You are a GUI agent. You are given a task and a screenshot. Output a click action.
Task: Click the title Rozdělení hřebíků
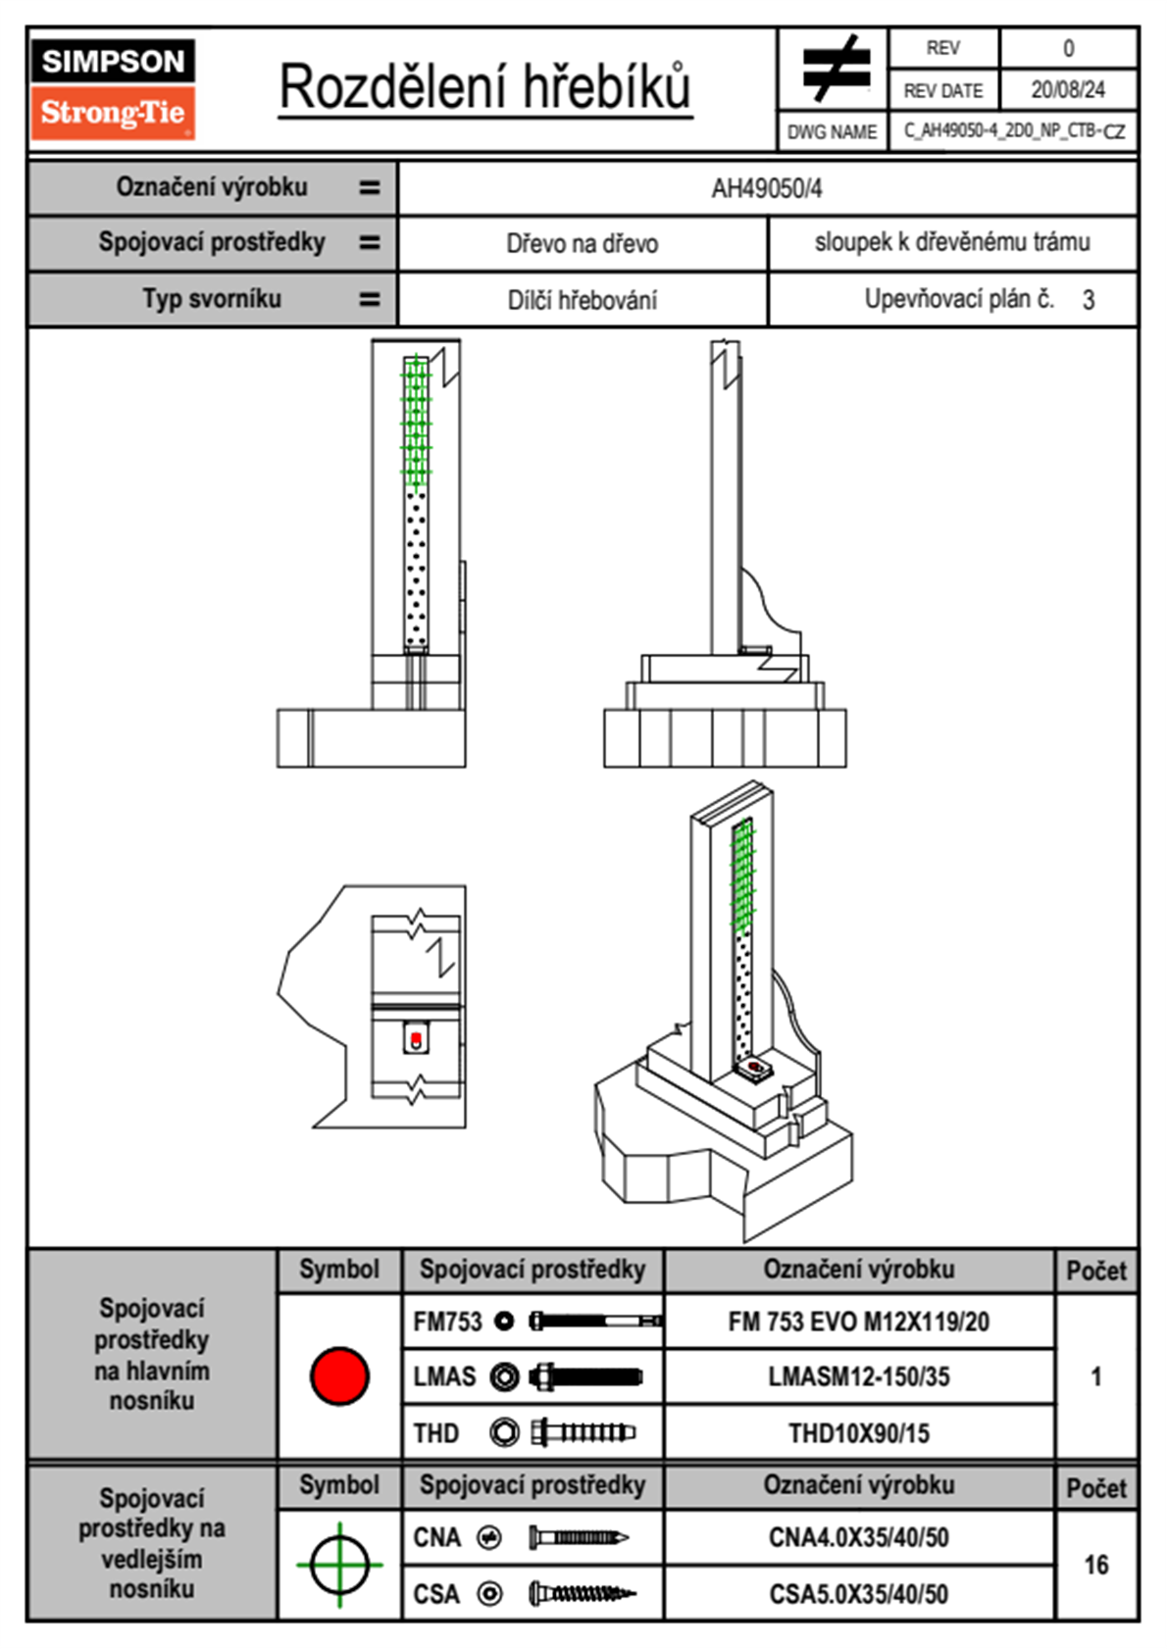(485, 87)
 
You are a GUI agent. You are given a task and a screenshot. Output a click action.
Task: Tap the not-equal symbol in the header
(835, 69)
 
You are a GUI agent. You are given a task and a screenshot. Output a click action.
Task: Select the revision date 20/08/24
(1067, 90)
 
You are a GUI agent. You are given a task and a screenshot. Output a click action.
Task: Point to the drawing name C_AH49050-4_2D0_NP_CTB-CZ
(1013, 130)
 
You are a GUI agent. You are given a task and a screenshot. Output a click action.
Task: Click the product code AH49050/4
(767, 188)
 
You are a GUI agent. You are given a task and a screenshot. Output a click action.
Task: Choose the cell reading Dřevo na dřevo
(582, 243)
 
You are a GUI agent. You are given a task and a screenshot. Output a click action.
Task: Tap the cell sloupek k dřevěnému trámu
(951, 242)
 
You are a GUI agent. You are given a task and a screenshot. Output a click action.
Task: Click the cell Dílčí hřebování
(582, 299)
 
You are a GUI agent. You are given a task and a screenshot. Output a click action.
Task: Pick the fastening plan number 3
(1088, 300)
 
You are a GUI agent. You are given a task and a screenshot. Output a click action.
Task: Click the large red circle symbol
(339, 1375)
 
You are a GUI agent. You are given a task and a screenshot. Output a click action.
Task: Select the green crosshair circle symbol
(339, 1565)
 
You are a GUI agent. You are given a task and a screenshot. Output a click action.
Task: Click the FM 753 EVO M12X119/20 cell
(858, 1322)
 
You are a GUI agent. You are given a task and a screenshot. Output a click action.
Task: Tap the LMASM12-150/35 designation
(858, 1376)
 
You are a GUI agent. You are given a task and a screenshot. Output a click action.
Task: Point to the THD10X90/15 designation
(858, 1433)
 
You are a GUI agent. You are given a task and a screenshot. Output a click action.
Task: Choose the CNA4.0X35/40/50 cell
(858, 1537)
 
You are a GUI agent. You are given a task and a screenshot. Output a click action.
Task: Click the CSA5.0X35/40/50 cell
(858, 1594)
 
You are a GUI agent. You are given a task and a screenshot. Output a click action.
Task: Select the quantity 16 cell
(1095, 1565)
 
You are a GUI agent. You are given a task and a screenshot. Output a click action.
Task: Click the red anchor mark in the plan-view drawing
(416, 1038)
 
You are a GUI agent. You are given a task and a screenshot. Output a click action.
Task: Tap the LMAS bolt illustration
(585, 1376)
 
